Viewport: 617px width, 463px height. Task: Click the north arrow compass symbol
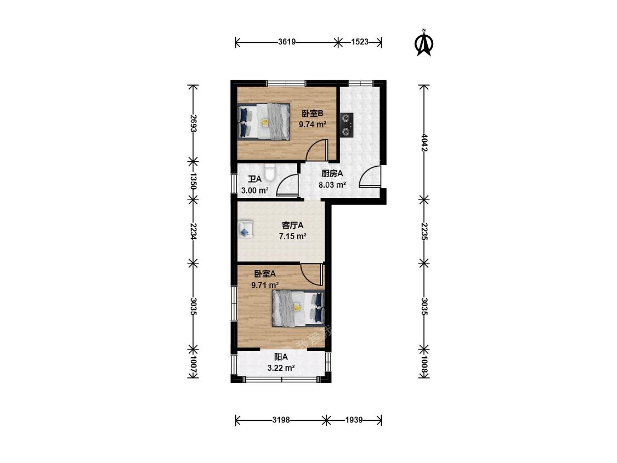(424, 43)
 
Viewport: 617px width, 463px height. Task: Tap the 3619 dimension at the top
(286, 42)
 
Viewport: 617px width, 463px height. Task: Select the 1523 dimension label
(359, 42)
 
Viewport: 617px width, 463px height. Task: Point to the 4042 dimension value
(424, 143)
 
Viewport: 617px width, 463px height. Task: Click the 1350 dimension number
(193, 180)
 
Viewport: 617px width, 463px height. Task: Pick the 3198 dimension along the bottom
(281, 420)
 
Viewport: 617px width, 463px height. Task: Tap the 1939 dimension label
(354, 420)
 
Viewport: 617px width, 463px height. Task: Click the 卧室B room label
(313, 114)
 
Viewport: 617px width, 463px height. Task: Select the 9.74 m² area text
(313, 125)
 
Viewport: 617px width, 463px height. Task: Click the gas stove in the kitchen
(347, 125)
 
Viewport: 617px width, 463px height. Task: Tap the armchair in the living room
(245, 229)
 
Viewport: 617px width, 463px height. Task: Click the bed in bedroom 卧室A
(298, 308)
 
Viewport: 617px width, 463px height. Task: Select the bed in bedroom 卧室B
(264, 121)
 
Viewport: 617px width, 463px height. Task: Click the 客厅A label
(293, 225)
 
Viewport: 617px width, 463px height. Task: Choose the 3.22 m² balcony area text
(281, 368)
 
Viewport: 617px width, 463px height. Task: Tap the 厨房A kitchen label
(332, 173)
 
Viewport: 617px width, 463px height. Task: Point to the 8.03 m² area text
(332, 184)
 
